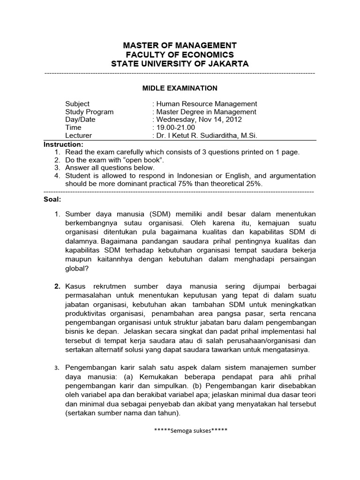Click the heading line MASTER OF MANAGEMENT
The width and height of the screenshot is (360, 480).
click(x=180, y=45)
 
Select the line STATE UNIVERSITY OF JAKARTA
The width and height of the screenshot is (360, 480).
click(x=180, y=64)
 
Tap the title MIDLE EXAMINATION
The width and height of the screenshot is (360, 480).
click(x=180, y=88)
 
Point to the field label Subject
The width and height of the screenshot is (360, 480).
click(x=77, y=104)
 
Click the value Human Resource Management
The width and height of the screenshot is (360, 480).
click(x=206, y=104)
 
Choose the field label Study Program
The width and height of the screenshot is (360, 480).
click(x=89, y=112)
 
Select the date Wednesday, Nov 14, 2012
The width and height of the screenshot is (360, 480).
click(x=199, y=120)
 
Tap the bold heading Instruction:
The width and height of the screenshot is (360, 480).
click(x=63, y=144)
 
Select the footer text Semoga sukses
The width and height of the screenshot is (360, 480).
click(x=180, y=430)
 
